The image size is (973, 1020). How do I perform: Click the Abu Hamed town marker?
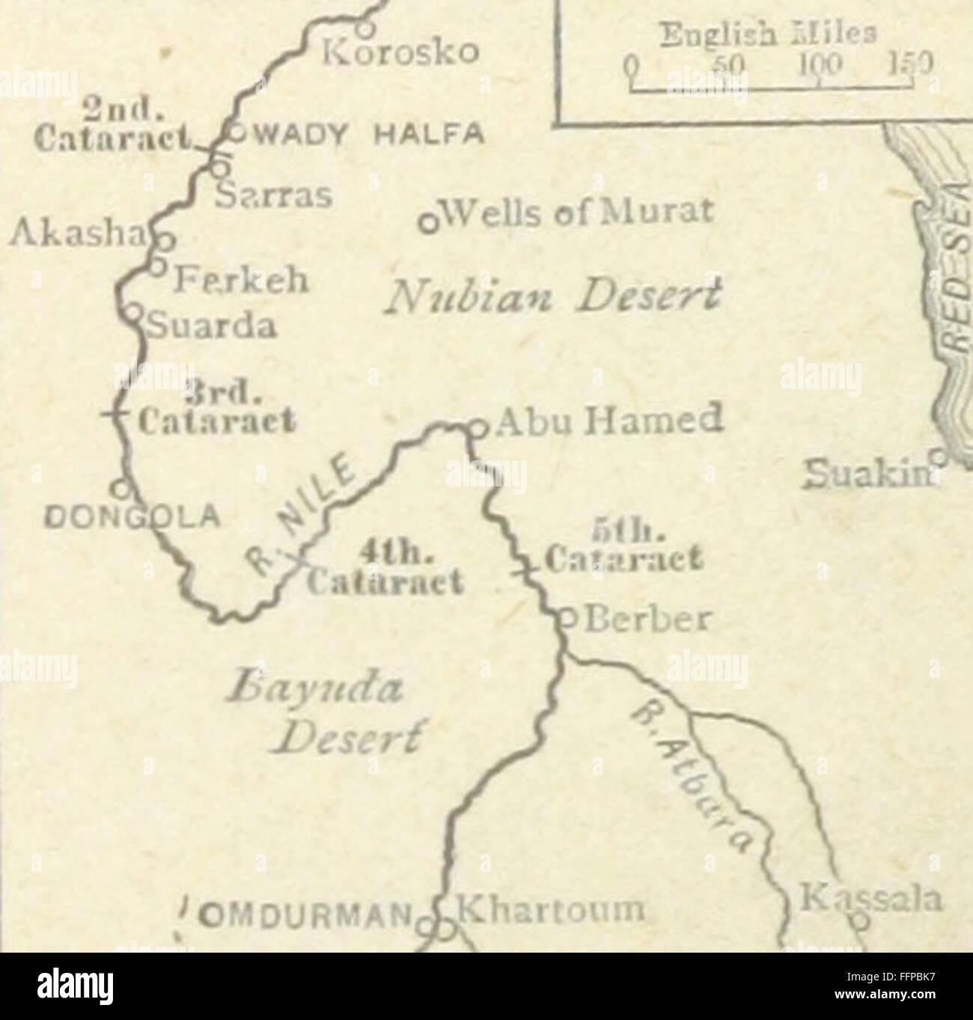pyautogui.click(x=474, y=427)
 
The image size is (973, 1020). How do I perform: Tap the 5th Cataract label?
pyautogui.click(x=614, y=547)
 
